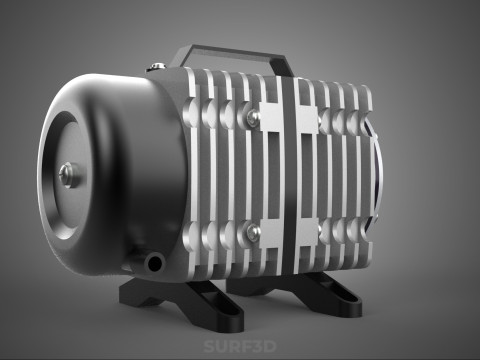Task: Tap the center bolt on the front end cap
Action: click(x=67, y=174)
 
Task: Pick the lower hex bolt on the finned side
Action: click(x=254, y=233)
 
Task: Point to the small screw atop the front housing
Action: click(x=156, y=67)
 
